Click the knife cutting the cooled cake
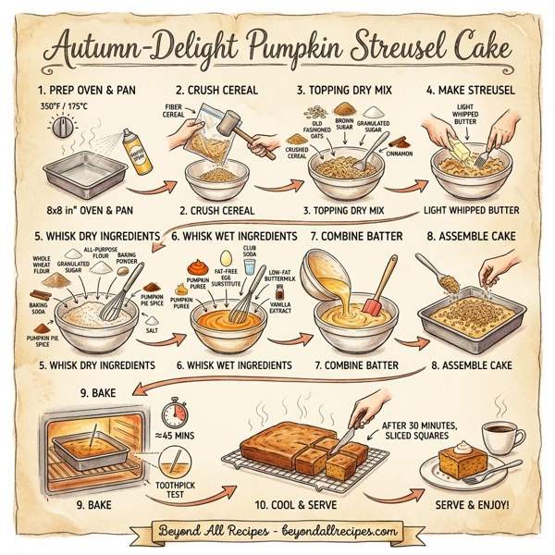point(345,431)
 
